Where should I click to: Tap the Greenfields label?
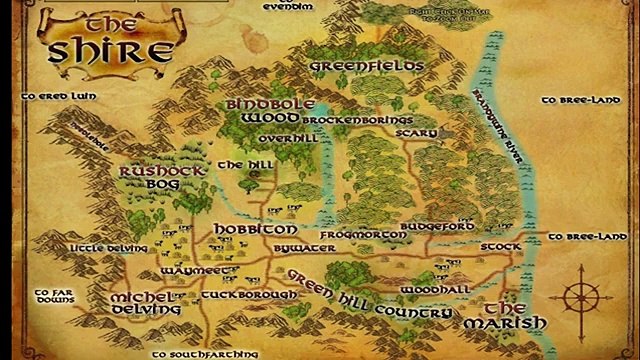367,66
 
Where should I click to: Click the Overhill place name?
293,138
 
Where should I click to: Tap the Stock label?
500,245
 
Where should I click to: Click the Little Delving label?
101,246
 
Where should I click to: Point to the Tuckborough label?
248,295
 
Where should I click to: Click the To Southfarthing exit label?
206,352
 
